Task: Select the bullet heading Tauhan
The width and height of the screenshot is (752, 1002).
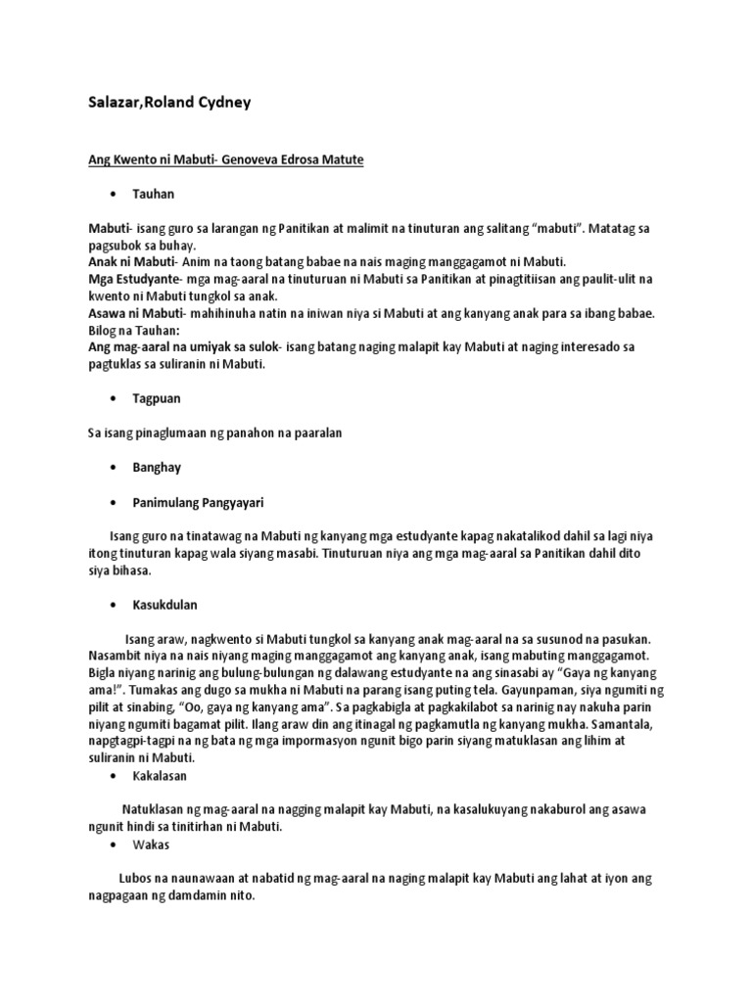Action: pos(154,195)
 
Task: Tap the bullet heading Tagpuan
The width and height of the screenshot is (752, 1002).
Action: pos(157,399)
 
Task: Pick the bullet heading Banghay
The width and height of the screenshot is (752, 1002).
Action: pos(157,468)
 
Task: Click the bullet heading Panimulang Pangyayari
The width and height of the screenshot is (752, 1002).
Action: pos(198,502)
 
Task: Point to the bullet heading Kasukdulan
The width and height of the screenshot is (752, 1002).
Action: pos(164,605)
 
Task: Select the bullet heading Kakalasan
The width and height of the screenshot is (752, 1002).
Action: pos(160,776)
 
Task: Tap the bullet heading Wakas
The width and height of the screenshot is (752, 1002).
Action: pos(151,844)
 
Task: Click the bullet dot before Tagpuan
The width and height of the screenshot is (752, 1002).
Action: pos(115,399)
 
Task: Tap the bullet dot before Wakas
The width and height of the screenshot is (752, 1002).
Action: pos(115,844)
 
